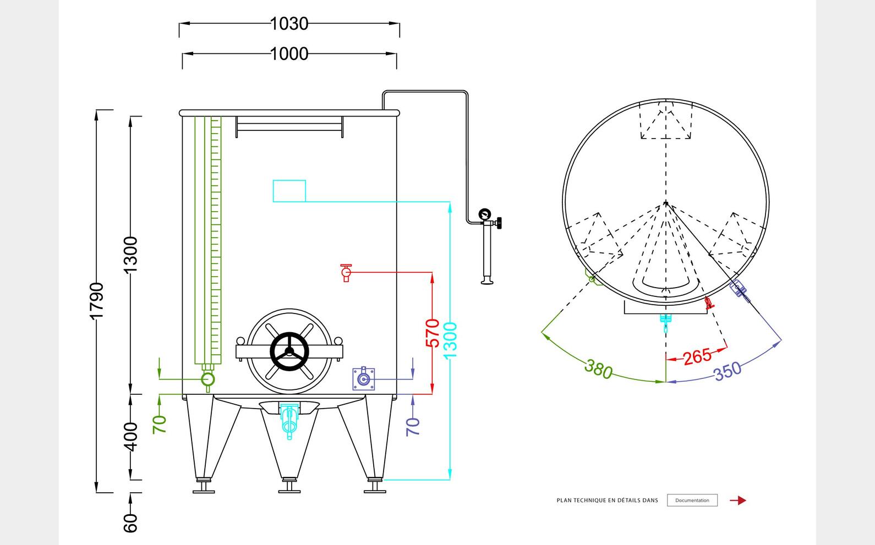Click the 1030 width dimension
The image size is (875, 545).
[289, 24]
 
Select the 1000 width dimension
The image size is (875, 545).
[289, 54]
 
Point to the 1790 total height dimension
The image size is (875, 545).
[97, 300]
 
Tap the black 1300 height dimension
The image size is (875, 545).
[130, 255]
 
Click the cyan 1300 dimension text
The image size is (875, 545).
[450, 340]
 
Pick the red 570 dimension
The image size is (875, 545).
[433, 333]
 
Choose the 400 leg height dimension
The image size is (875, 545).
[130, 436]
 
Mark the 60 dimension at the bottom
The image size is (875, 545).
[130, 522]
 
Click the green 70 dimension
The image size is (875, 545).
[160, 424]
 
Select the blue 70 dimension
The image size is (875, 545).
[413, 426]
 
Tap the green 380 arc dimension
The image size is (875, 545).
[598, 369]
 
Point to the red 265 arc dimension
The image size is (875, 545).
[697, 356]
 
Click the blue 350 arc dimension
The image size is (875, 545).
[728, 371]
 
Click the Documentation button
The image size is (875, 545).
[692, 500]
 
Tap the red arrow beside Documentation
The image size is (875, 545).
[738, 500]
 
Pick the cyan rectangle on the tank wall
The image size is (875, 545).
[289, 191]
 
